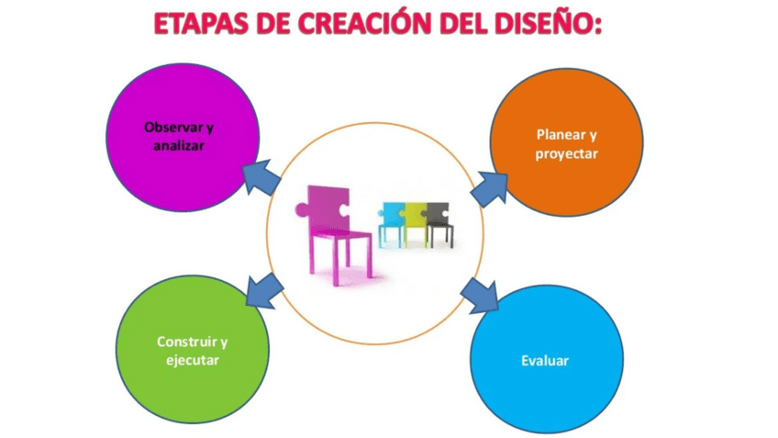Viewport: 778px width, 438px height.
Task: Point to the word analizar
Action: point(179,145)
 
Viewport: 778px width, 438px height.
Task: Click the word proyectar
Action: point(566,154)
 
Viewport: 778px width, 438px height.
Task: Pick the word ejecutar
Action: point(193,361)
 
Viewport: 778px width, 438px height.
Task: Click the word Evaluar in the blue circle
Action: point(545,361)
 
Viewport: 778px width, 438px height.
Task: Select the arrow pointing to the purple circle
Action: point(261,177)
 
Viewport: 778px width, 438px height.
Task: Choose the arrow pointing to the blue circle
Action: point(480,296)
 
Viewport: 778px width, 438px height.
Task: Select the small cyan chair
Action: point(392,224)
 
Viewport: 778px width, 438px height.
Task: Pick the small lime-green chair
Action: point(416,224)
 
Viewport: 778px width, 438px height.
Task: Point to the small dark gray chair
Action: point(439,224)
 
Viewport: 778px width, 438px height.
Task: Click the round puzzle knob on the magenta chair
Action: point(301,209)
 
